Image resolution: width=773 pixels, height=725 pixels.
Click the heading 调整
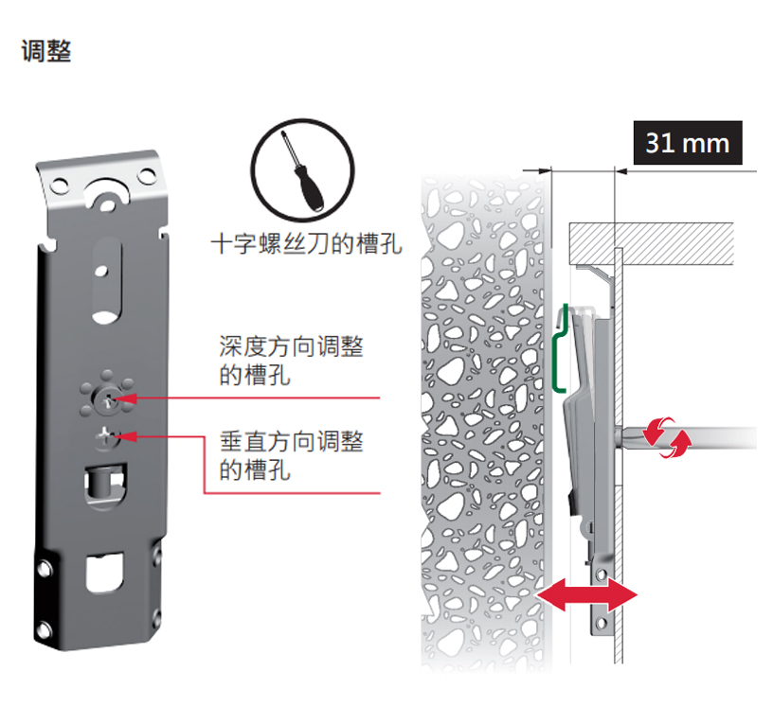[46, 51]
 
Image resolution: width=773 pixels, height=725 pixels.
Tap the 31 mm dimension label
[687, 143]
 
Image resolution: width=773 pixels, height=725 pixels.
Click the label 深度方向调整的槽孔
[291, 361]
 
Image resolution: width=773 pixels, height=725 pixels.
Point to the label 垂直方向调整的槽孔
[291, 454]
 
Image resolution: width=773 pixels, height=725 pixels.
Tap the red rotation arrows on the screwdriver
[667, 438]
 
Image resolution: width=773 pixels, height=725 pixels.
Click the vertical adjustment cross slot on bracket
[105, 436]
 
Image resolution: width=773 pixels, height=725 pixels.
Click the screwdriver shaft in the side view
[701, 437]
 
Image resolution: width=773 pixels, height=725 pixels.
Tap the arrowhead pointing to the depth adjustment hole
[129, 399]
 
